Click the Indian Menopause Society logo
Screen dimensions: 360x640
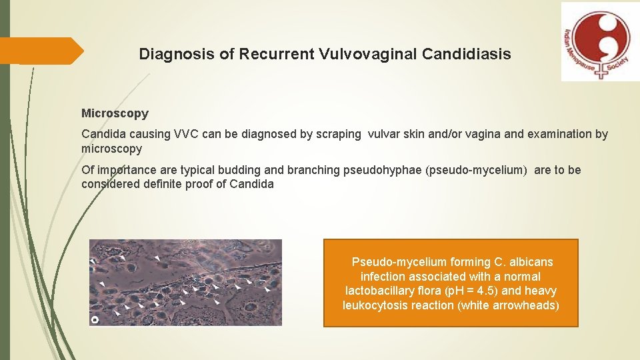(x=600, y=41)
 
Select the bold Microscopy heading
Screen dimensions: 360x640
(x=115, y=114)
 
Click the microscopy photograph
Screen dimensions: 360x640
(x=186, y=283)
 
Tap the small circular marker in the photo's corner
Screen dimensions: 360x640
(x=95, y=320)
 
